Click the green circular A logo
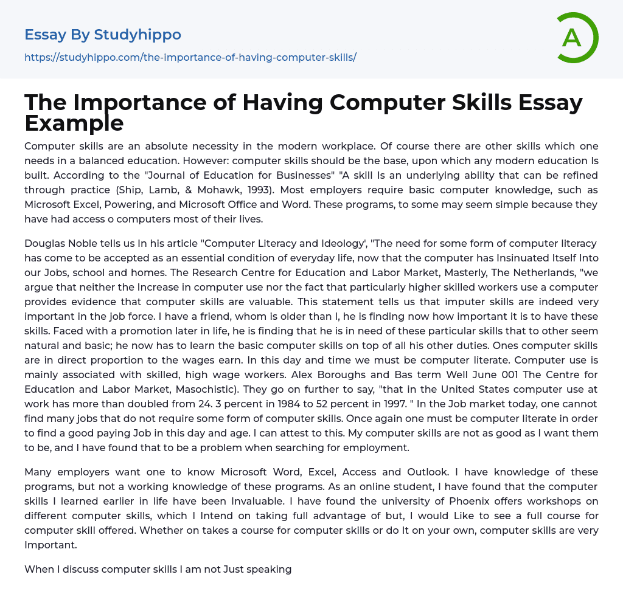577,38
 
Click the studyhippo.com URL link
190,57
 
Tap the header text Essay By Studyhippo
103,35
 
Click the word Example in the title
74,123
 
